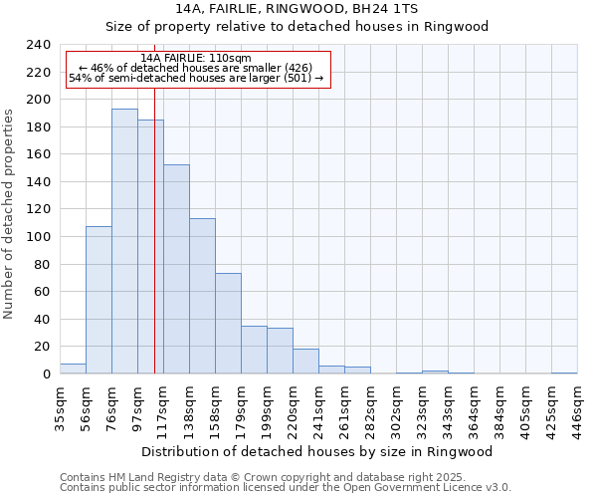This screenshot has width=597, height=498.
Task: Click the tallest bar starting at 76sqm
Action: (x=124, y=241)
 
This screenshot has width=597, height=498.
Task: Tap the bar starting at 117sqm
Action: (x=176, y=269)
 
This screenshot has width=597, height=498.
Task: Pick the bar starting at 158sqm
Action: (x=228, y=324)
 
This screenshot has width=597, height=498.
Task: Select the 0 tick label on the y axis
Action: (x=46, y=374)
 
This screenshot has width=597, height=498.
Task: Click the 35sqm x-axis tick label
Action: (x=60, y=406)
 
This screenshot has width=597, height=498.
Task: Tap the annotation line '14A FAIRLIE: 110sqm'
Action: (x=196, y=58)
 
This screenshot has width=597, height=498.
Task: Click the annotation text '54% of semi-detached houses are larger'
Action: (x=196, y=79)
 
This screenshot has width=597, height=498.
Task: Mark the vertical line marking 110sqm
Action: (x=154, y=249)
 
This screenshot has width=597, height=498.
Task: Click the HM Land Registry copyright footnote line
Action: (x=270, y=477)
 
